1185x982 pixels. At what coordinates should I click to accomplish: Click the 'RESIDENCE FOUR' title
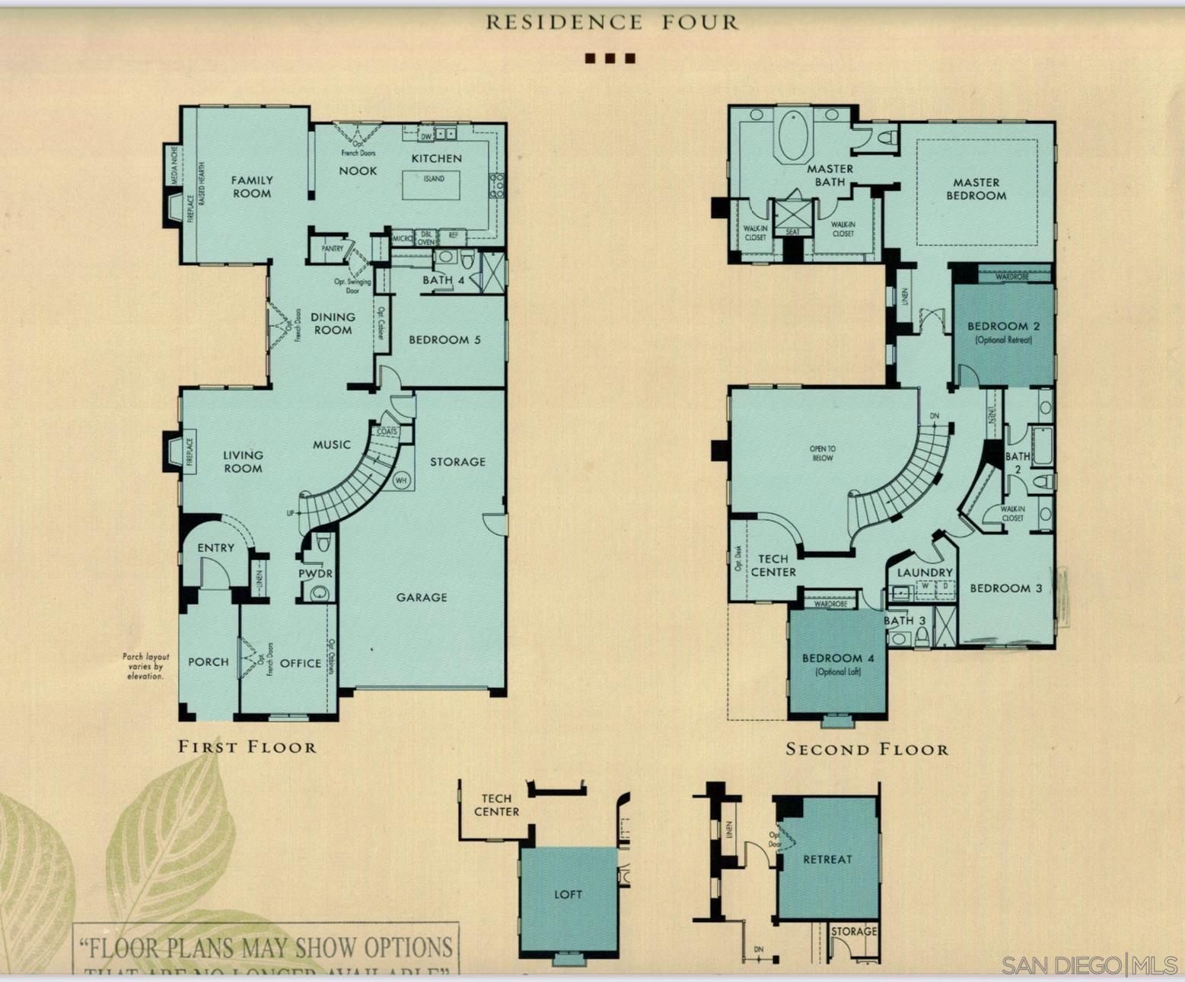613,22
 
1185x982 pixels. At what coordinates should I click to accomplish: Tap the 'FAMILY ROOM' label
252,187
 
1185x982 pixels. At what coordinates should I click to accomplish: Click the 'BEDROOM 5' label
444,340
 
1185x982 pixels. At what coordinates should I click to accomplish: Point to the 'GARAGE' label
422,598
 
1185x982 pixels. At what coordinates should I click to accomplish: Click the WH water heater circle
402,481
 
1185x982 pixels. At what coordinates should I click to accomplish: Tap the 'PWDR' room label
315,573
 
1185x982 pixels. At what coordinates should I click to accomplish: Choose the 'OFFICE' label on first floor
301,663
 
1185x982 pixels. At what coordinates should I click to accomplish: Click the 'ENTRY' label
216,547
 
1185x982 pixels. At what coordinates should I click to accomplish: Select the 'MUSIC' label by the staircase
332,445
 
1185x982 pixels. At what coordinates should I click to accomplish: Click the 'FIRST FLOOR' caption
247,747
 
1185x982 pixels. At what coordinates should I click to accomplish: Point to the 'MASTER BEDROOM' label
976,189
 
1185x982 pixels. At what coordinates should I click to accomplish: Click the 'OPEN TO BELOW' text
822,454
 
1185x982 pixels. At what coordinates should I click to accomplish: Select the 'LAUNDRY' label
925,572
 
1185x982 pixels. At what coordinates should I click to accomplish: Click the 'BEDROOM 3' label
1006,588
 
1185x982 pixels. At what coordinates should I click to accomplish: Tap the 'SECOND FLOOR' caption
868,750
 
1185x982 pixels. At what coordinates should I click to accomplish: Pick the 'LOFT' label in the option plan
568,894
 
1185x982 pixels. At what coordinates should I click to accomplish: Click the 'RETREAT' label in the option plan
827,859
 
